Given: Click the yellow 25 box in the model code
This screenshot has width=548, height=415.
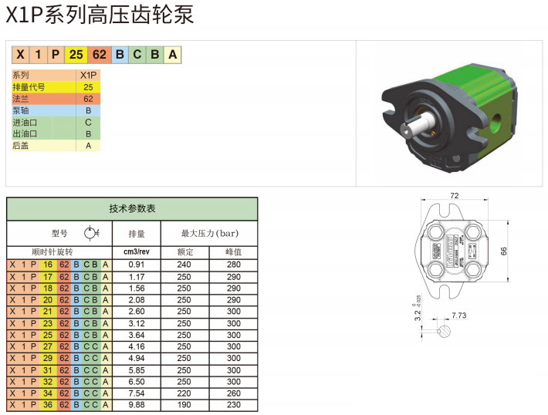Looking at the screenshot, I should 76,55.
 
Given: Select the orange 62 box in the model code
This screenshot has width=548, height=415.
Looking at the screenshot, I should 100,55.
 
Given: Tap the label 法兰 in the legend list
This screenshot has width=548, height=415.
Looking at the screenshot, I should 20,99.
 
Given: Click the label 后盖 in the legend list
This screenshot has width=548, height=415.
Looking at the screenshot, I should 20,145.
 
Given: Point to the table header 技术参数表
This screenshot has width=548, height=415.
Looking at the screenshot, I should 132,209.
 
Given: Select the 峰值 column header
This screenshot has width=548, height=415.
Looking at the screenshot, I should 233,252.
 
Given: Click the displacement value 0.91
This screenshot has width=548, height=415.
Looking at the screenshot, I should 137,265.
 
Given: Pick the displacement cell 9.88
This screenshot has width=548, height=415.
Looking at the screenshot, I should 137,405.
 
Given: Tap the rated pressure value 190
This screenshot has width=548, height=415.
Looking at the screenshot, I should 184,405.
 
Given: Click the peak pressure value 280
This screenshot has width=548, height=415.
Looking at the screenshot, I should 233,265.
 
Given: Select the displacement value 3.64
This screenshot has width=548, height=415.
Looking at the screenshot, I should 137,335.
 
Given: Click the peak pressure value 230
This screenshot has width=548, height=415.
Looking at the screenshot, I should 233,405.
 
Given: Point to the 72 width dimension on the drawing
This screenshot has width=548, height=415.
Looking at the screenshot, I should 454,196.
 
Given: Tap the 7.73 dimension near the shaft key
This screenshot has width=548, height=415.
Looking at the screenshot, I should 458,315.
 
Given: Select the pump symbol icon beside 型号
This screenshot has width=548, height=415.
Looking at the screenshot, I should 90,233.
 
